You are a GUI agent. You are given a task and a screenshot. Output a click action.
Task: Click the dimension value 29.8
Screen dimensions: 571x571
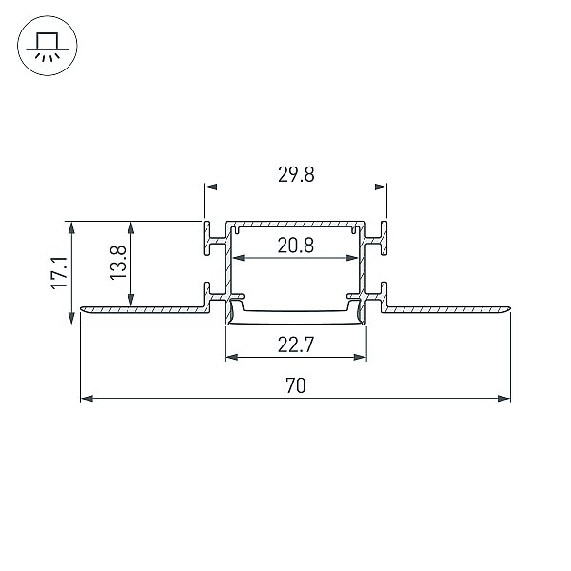tap(296, 174)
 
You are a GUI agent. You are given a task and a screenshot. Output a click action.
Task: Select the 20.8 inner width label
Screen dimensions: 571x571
tap(296, 246)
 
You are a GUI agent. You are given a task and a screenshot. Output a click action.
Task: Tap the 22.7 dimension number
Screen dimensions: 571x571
tap(296, 345)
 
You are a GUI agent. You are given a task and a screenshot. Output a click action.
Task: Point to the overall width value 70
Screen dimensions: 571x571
tap(296, 386)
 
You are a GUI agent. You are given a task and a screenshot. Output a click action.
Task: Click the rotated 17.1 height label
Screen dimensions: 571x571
tap(59, 273)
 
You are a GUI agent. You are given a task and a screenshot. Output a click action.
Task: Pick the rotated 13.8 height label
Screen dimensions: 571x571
tap(118, 263)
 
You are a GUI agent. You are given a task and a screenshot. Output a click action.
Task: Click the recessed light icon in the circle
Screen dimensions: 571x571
tap(48, 46)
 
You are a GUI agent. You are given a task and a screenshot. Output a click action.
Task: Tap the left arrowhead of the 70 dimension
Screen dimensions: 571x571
tap(87, 399)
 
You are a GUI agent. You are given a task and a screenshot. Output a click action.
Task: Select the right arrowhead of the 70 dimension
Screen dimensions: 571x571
tap(504, 399)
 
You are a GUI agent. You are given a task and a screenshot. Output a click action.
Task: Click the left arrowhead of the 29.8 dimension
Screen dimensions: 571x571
tap(211, 187)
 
